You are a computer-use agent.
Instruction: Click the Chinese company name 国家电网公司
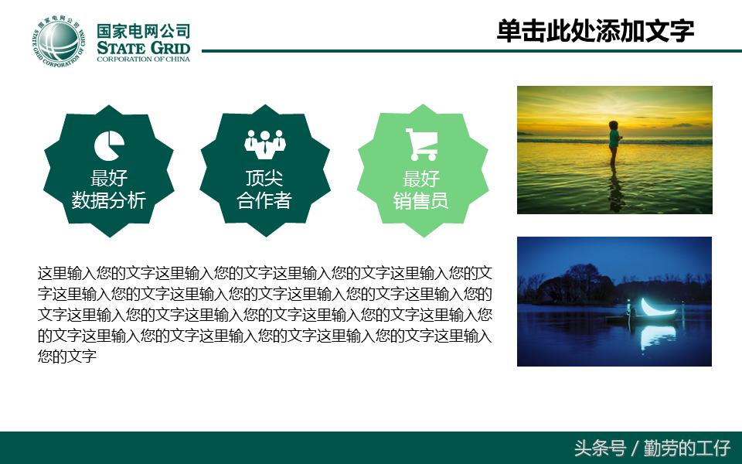point(143,32)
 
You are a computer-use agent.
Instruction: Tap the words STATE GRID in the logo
point(143,49)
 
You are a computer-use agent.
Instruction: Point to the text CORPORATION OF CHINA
point(143,60)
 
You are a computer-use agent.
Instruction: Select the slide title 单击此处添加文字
point(595,31)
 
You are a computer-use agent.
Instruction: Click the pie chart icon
point(109,145)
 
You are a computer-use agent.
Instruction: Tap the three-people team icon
point(264,142)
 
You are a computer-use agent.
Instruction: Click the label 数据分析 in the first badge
point(109,200)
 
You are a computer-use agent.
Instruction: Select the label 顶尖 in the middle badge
point(264,179)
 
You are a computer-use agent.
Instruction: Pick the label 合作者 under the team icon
point(264,200)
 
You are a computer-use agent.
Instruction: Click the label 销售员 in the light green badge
point(421,201)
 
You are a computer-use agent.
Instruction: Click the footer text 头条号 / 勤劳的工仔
point(652,448)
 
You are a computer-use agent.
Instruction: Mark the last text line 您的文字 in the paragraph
point(66,357)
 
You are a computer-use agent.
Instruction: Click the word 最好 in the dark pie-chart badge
point(109,179)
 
